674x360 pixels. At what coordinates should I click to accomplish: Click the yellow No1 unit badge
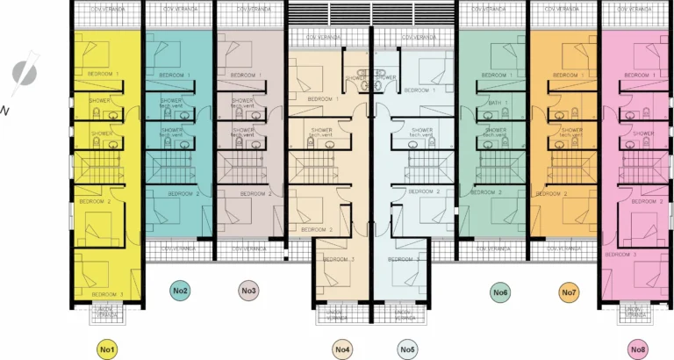click(107, 349)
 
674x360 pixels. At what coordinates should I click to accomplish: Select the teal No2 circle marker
click(179, 291)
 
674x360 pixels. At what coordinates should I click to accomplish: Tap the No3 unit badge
click(248, 291)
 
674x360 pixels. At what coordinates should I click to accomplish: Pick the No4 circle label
click(343, 349)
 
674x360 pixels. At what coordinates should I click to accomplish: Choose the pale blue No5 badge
click(407, 349)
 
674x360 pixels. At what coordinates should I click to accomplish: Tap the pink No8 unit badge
click(638, 349)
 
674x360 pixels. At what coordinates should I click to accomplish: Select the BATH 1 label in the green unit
click(498, 103)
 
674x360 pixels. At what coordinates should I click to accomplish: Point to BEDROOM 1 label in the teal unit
click(176, 76)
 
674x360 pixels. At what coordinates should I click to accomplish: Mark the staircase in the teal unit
click(172, 164)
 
